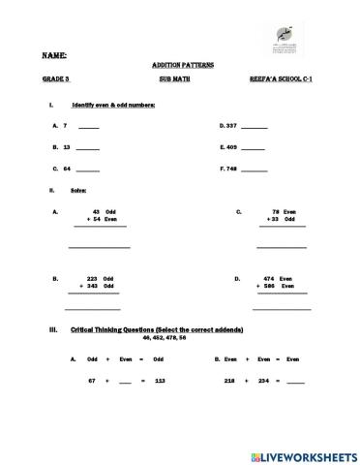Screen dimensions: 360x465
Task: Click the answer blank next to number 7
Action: click(88, 127)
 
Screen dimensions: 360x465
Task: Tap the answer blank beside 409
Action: click(253, 147)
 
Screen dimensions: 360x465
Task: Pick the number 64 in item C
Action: click(67, 169)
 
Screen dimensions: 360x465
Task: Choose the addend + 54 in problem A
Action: click(93, 219)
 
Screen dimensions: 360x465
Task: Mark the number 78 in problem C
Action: click(276, 211)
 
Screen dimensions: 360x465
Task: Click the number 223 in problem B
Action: click(93, 278)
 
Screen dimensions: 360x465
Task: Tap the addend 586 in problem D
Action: click(270, 286)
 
